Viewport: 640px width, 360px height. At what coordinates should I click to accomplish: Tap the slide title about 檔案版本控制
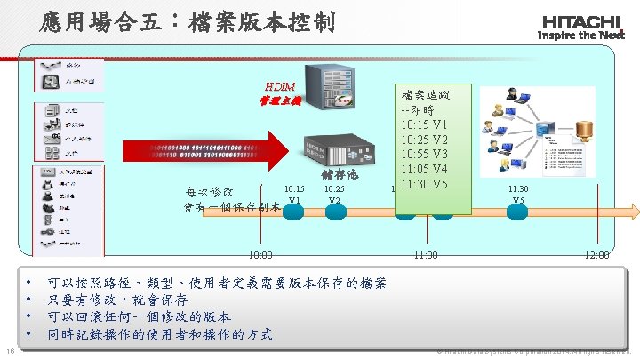point(187,21)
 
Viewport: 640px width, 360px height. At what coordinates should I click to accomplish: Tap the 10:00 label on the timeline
point(260,255)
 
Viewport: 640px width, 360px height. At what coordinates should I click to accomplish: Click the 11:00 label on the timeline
point(428,255)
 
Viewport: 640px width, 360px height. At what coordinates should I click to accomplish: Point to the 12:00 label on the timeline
point(596,255)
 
